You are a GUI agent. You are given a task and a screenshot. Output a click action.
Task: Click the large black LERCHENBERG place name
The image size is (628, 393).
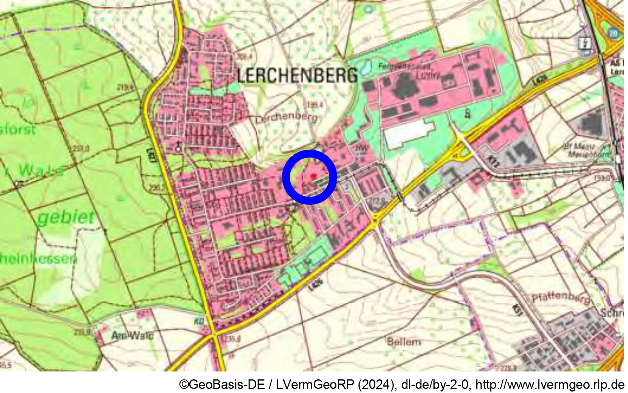[x=297, y=75]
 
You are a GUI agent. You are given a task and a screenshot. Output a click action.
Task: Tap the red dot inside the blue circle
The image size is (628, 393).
[x=313, y=176]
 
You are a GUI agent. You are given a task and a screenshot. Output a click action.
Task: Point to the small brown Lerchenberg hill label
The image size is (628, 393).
[x=287, y=117]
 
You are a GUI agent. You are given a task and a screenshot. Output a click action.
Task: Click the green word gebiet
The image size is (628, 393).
[x=66, y=217]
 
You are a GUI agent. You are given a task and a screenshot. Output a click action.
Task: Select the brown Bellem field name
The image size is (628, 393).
[x=404, y=342]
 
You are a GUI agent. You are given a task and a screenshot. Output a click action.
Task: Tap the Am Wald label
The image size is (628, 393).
[x=132, y=335]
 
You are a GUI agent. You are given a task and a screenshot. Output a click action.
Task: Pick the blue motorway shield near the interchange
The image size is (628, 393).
[x=613, y=33]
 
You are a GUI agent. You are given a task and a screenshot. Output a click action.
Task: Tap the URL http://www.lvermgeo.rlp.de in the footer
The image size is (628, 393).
[x=550, y=384]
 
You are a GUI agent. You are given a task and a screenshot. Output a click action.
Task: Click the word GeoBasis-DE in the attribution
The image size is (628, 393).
[x=227, y=384]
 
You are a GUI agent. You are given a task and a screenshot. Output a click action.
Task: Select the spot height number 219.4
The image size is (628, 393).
[x=125, y=88]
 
